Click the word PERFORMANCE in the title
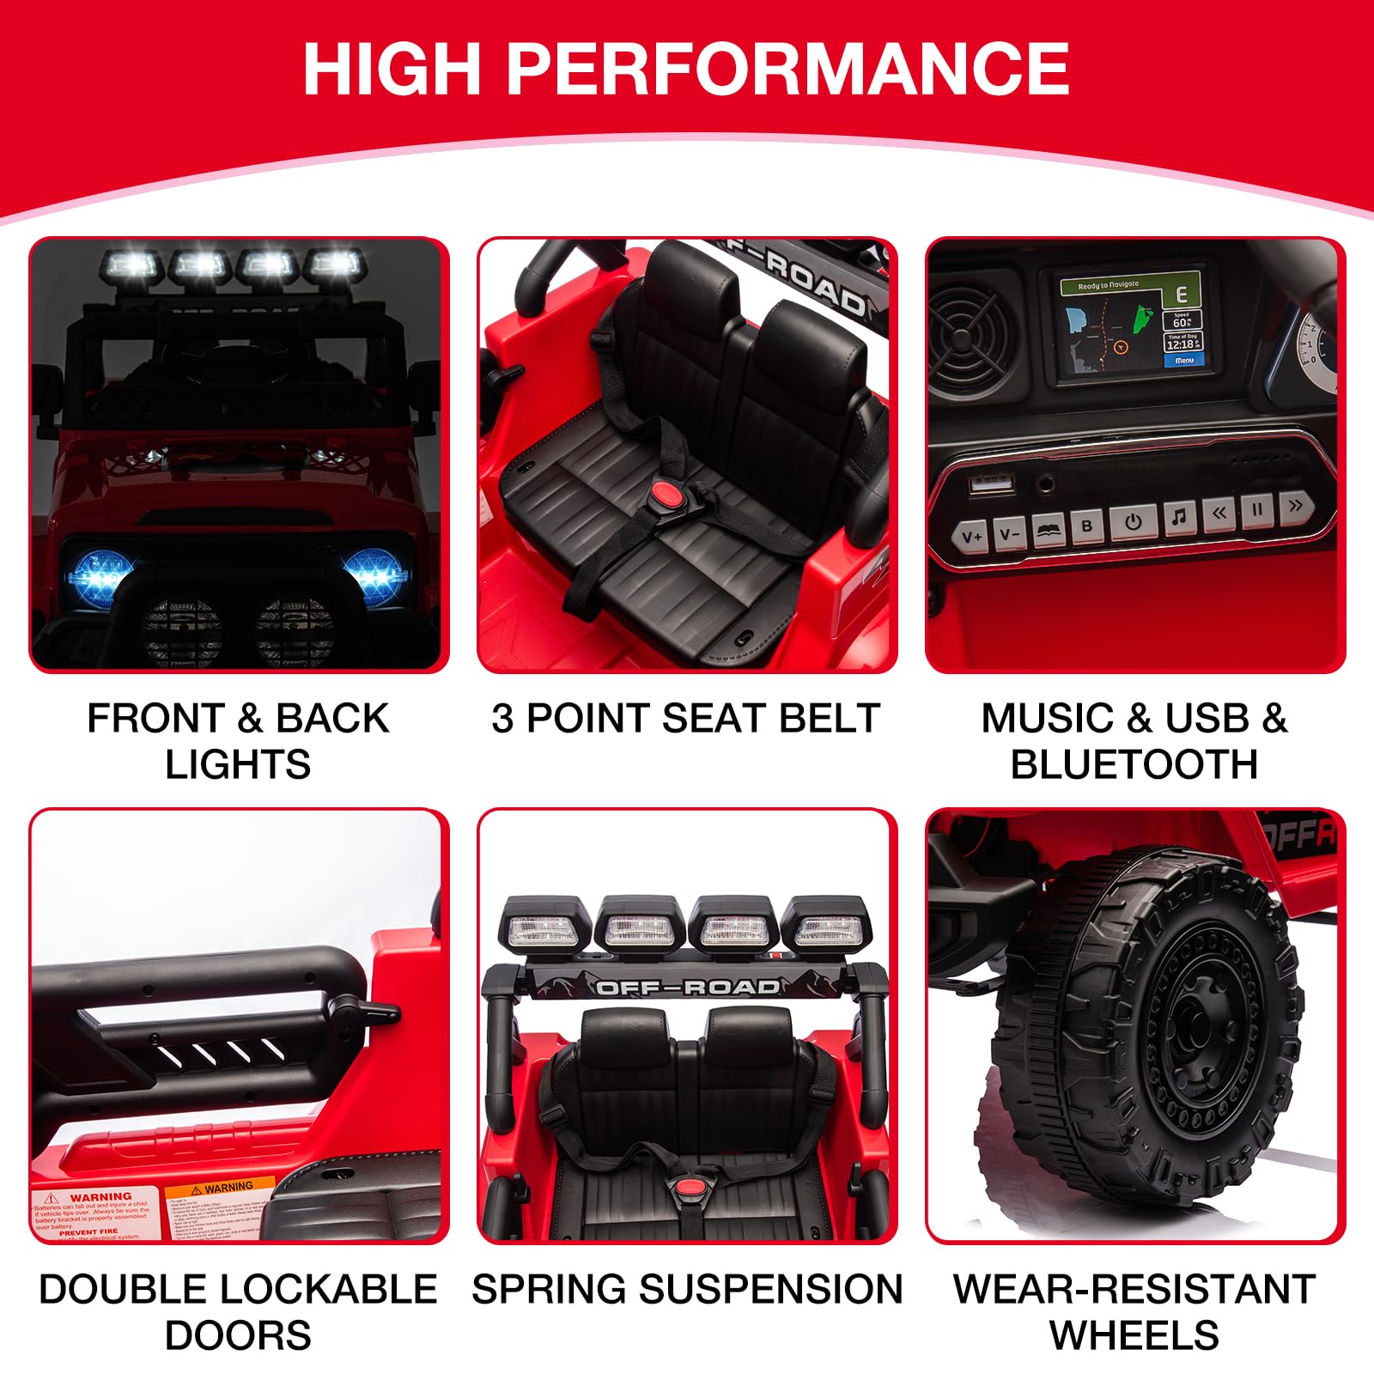(x=787, y=69)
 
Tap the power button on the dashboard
(x=1133, y=522)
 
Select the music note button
(x=1178, y=517)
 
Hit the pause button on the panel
(x=1257, y=509)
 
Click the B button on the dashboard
(x=1087, y=526)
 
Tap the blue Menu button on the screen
(x=1183, y=361)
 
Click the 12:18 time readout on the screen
(x=1180, y=344)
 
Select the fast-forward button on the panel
(x=1295, y=506)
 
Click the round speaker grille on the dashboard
(x=972, y=335)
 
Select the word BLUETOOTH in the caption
(x=1134, y=764)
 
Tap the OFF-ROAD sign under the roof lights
(x=687, y=987)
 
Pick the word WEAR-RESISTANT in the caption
(x=1134, y=1289)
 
